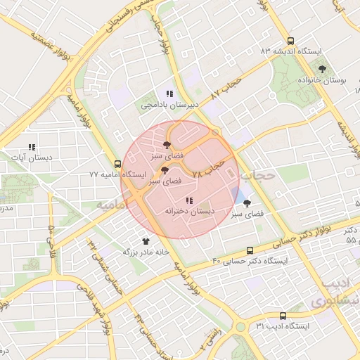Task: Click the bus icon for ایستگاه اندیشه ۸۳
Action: [x=290, y=41]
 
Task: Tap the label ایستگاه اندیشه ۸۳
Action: [x=290, y=51]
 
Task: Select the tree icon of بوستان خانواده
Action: [x=323, y=69]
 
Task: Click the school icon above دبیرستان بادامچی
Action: [x=169, y=94]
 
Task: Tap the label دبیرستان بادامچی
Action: [x=170, y=105]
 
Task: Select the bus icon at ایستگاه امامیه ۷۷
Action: [x=117, y=164]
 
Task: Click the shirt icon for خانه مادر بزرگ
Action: [x=146, y=240]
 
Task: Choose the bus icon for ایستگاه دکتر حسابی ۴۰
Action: [x=250, y=251]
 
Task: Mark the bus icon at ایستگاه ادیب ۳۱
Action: [x=283, y=316]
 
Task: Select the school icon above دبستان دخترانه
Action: [x=189, y=201]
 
